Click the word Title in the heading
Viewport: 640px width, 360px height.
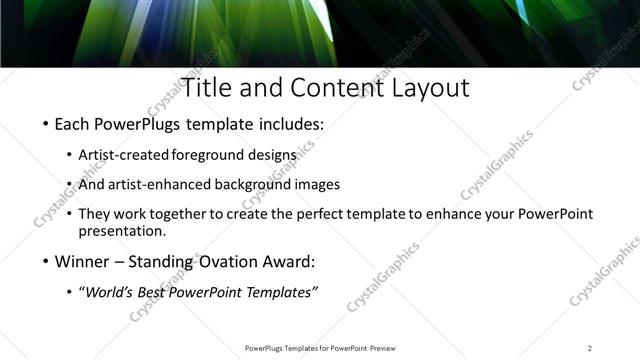point(205,88)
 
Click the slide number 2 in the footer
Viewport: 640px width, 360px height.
point(589,348)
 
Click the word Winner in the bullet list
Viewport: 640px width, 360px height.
point(83,261)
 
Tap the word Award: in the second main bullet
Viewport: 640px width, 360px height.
point(291,261)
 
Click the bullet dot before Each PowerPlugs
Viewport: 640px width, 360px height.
point(46,127)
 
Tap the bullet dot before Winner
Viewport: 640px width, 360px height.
point(46,261)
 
